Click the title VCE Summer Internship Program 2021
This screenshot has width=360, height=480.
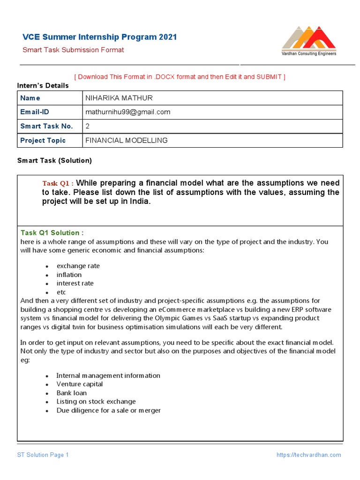100,37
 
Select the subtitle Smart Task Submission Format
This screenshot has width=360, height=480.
74,50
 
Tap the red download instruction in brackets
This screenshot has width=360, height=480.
180,76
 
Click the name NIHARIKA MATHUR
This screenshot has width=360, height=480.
119,98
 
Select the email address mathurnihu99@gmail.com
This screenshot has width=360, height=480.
127,112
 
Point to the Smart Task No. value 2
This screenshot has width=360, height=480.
87,126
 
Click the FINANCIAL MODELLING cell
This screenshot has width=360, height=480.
126,140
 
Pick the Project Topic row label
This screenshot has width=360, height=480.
43,140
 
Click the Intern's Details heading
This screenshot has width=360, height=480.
43,85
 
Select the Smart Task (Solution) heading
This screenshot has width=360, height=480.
54,160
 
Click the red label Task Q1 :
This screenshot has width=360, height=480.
58,183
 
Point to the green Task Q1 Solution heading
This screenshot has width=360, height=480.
52,232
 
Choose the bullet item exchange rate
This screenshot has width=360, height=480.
78,266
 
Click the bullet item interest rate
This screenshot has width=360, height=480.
75,283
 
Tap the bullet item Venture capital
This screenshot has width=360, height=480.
79,384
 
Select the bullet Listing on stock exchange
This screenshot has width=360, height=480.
96,401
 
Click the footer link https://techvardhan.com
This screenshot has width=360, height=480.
308,455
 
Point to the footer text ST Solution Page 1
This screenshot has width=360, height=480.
43,455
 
